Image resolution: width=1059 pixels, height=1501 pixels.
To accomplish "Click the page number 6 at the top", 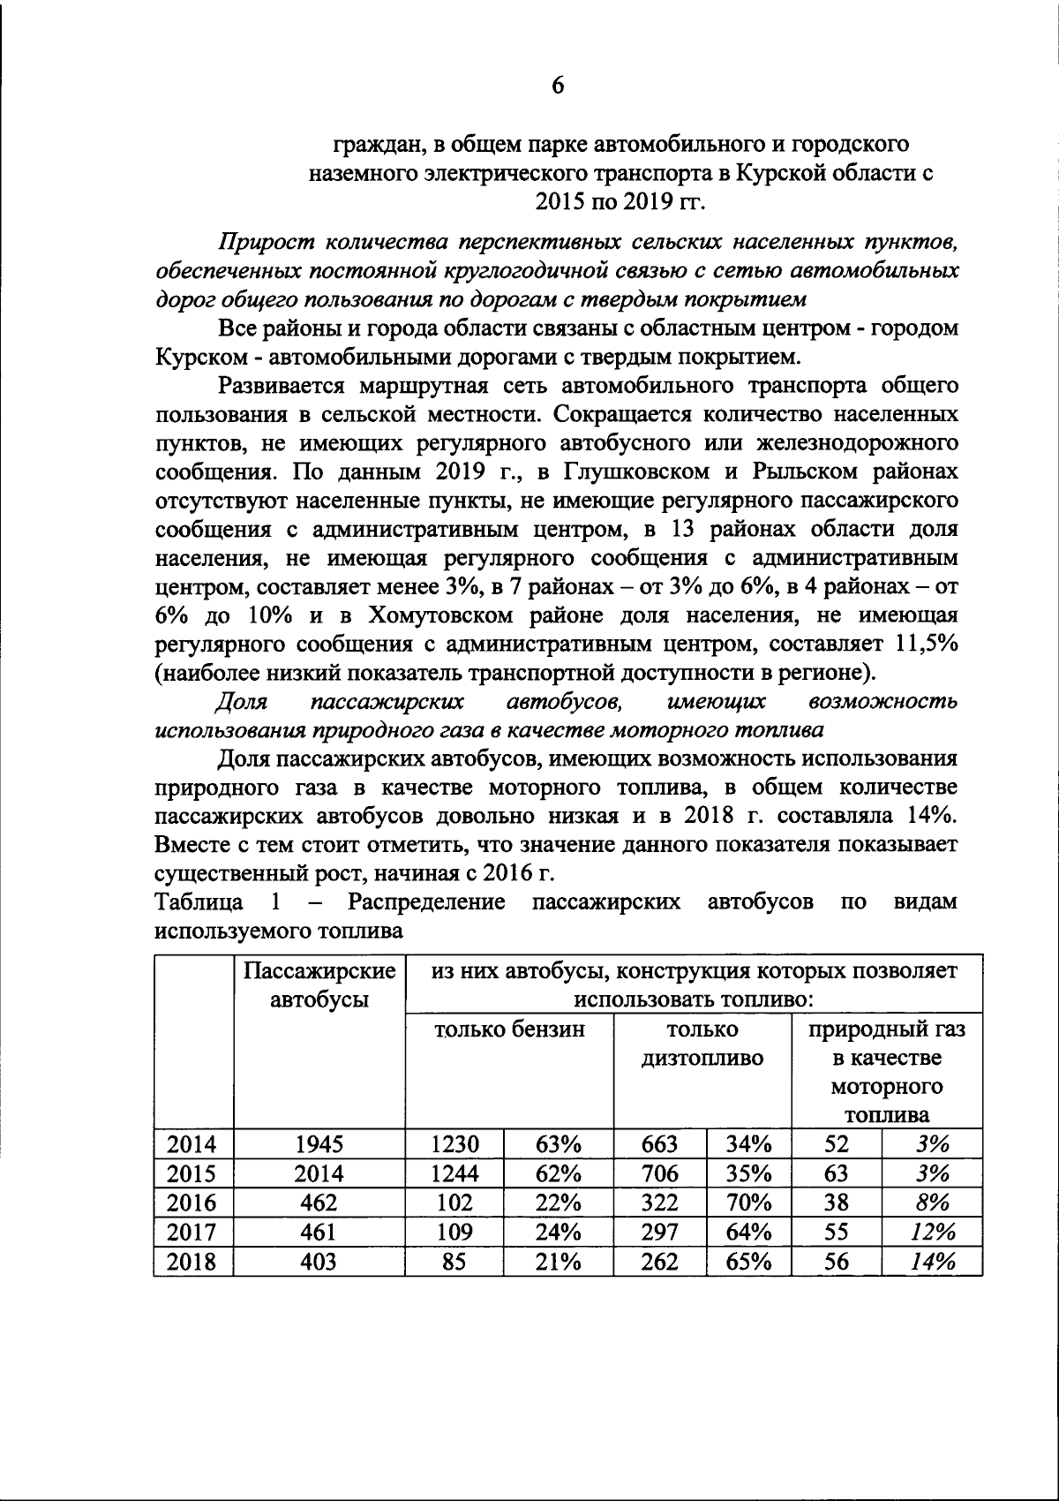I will click(557, 85).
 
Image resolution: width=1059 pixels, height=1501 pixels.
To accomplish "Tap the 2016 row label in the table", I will click(192, 1203).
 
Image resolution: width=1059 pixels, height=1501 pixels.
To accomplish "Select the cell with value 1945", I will click(319, 1144).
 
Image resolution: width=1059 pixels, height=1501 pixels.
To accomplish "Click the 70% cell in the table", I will click(748, 1203).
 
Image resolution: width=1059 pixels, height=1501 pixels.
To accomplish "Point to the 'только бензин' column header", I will click(509, 1030).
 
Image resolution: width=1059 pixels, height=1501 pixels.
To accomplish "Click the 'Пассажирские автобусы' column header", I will click(319, 986).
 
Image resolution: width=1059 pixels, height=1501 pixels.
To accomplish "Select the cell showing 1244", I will click(454, 1173).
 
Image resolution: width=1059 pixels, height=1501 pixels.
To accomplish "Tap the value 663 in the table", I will click(659, 1144).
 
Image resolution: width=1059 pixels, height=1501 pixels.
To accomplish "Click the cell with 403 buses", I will click(319, 1262).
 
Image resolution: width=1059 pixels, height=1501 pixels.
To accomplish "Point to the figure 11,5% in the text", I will click(927, 644).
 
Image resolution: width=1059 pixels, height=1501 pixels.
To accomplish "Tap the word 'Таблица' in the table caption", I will click(199, 902).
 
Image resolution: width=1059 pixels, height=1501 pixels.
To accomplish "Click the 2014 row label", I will click(192, 1144).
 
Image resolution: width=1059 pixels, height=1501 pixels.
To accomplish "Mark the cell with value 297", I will click(659, 1232).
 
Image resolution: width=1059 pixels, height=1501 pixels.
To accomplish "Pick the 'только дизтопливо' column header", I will click(702, 1044).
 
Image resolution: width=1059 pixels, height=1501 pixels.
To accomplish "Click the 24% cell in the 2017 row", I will click(558, 1232).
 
